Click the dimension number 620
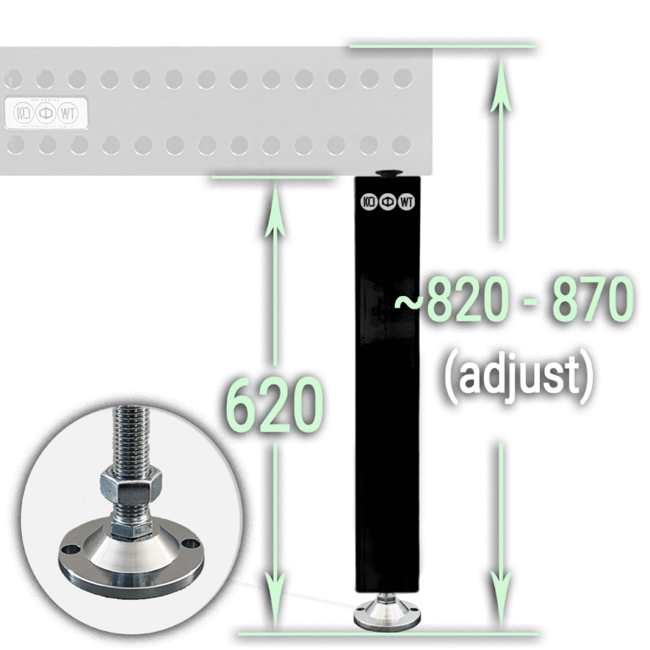(x=275, y=406)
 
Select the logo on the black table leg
(x=388, y=202)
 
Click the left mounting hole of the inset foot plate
(x=66, y=548)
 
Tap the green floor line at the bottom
(x=389, y=633)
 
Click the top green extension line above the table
(x=444, y=47)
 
